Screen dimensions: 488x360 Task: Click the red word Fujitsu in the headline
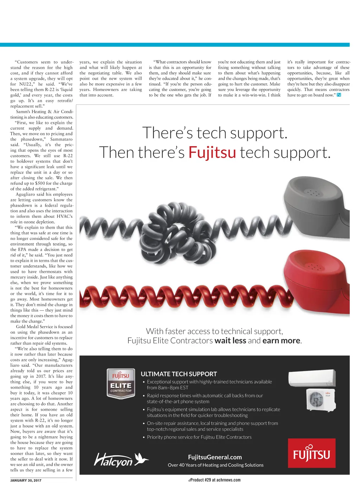212,152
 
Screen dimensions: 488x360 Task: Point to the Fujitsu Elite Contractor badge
121,383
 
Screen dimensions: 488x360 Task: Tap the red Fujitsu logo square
311,453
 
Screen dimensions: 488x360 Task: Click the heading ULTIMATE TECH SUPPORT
179,374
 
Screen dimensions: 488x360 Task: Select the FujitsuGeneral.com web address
215,457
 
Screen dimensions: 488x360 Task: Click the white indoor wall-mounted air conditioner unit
311,378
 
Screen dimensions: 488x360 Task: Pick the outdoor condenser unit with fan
320,400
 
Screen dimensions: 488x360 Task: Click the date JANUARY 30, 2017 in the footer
26,480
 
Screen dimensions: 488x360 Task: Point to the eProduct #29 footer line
214,480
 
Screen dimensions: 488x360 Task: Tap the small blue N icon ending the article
339,95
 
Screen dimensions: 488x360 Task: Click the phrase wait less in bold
230,340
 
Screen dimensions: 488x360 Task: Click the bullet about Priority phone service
199,437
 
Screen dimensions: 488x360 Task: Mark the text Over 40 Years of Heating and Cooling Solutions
216,465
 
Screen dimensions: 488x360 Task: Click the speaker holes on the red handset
313,267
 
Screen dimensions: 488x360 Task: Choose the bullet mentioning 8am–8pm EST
209,385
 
